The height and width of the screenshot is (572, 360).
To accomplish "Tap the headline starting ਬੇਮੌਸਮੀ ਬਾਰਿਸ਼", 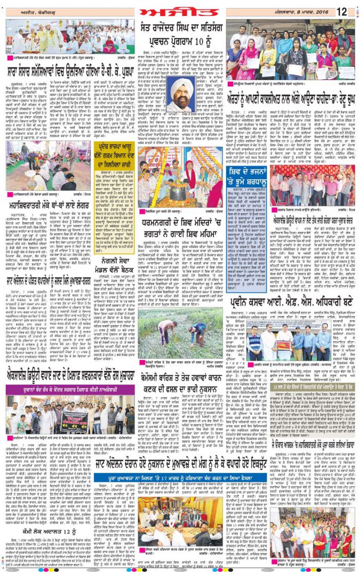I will pos(180,369).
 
